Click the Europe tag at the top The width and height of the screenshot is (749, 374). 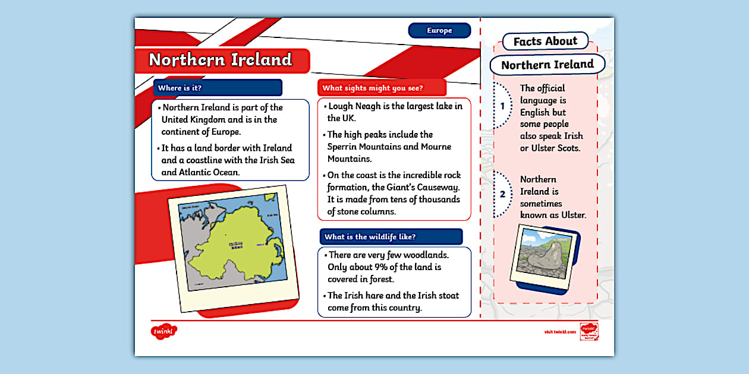click(x=439, y=30)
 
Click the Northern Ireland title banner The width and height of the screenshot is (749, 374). click(x=221, y=60)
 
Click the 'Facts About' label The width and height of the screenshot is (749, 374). click(x=545, y=42)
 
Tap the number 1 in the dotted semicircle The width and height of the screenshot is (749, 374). click(x=502, y=106)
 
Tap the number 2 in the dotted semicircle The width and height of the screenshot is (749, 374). click(x=502, y=194)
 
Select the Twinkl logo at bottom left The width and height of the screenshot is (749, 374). click(x=164, y=331)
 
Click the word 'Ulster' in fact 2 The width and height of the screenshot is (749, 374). click(x=573, y=215)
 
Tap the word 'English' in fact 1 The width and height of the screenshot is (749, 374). click(x=535, y=112)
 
